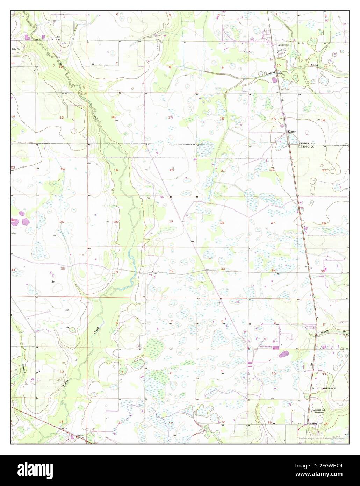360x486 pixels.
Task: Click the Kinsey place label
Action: pyautogui.click(x=291, y=132)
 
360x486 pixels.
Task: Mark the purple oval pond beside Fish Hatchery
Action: pyautogui.click(x=283, y=354)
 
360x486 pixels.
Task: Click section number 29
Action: pyautogui.click(x=171, y=222)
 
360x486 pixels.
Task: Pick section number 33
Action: pyautogui.click(x=223, y=269)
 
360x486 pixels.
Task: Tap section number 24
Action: pyautogui.click(x=63, y=170)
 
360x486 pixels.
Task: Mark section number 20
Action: pyautogui.click(x=172, y=170)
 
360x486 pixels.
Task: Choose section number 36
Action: pyautogui.click(x=63, y=269)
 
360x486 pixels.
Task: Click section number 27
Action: pyautogui.click(x=273, y=223)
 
